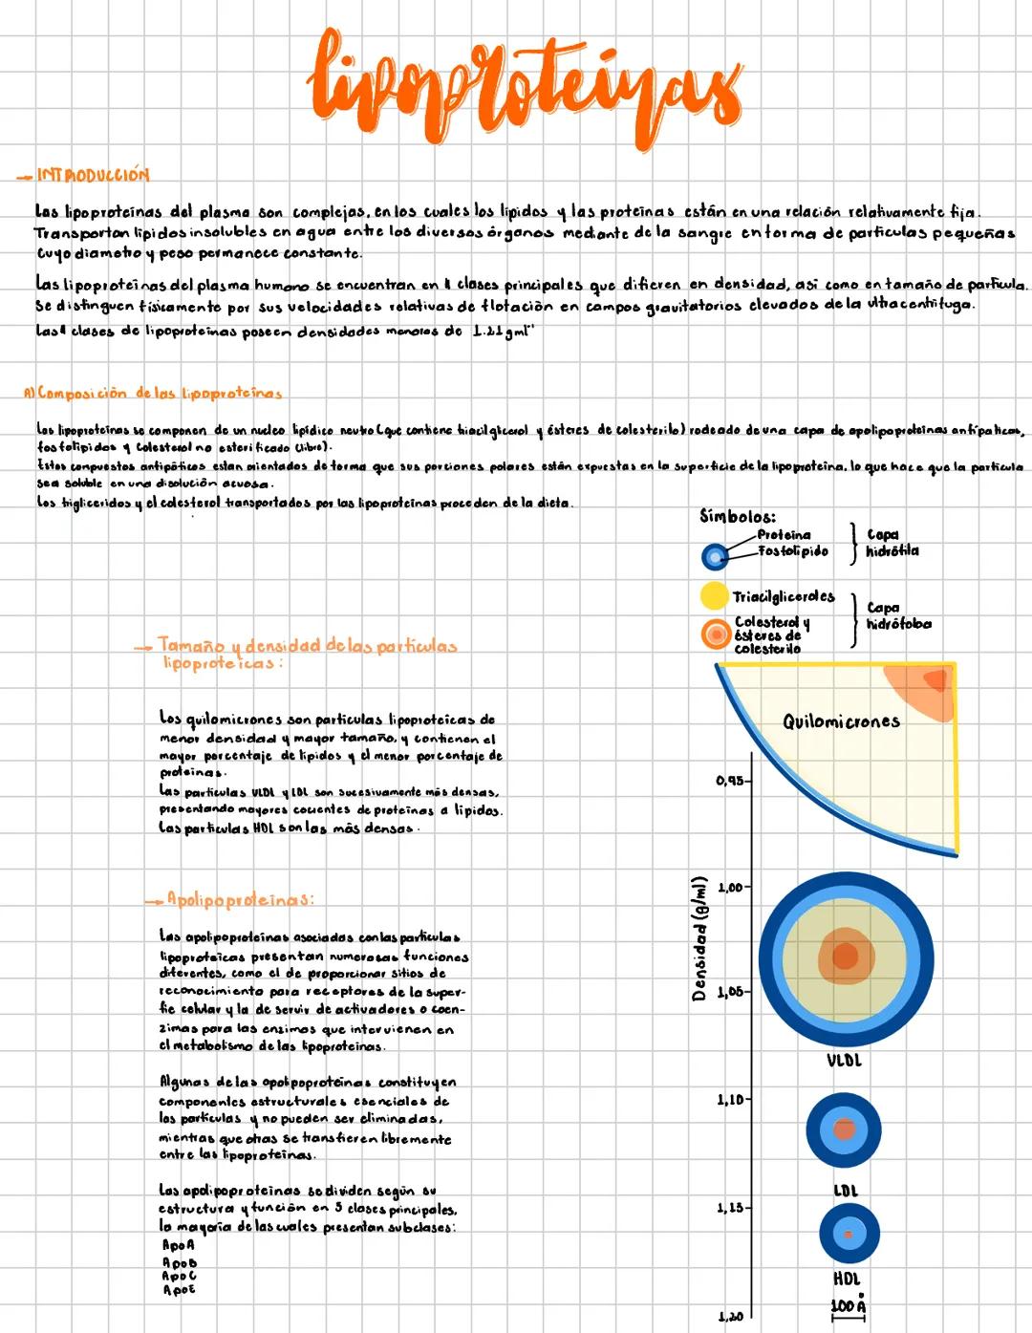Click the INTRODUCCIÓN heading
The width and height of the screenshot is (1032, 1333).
(x=93, y=175)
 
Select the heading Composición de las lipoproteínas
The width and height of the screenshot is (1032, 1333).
(x=153, y=393)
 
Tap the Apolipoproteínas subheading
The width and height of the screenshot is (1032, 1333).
(x=239, y=899)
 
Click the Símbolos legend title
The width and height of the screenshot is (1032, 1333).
(x=737, y=516)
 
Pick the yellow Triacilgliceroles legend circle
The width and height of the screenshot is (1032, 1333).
(x=714, y=596)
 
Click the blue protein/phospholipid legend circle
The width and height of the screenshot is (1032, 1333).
(x=714, y=556)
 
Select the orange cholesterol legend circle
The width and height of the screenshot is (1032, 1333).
(x=715, y=634)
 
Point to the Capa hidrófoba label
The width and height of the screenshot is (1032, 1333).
(x=897, y=615)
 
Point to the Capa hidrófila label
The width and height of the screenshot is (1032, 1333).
(x=892, y=543)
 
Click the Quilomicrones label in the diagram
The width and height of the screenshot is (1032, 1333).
(x=841, y=721)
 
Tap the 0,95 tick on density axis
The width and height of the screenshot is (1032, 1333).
(x=730, y=781)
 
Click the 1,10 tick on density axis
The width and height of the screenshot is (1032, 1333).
(x=730, y=1101)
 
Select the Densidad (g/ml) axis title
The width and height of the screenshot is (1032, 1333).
(x=699, y=938)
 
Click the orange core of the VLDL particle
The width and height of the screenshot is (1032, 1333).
(x=844, y=956)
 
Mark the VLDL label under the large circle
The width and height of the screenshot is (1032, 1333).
(x=844, y=1061)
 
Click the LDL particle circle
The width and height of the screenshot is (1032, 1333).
(x=843, y=1130)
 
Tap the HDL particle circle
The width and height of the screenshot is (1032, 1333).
(x=848, y=1234)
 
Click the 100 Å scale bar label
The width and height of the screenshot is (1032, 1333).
(x=848, y=1305)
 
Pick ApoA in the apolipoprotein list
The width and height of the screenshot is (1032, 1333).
(x=178, y=1245)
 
